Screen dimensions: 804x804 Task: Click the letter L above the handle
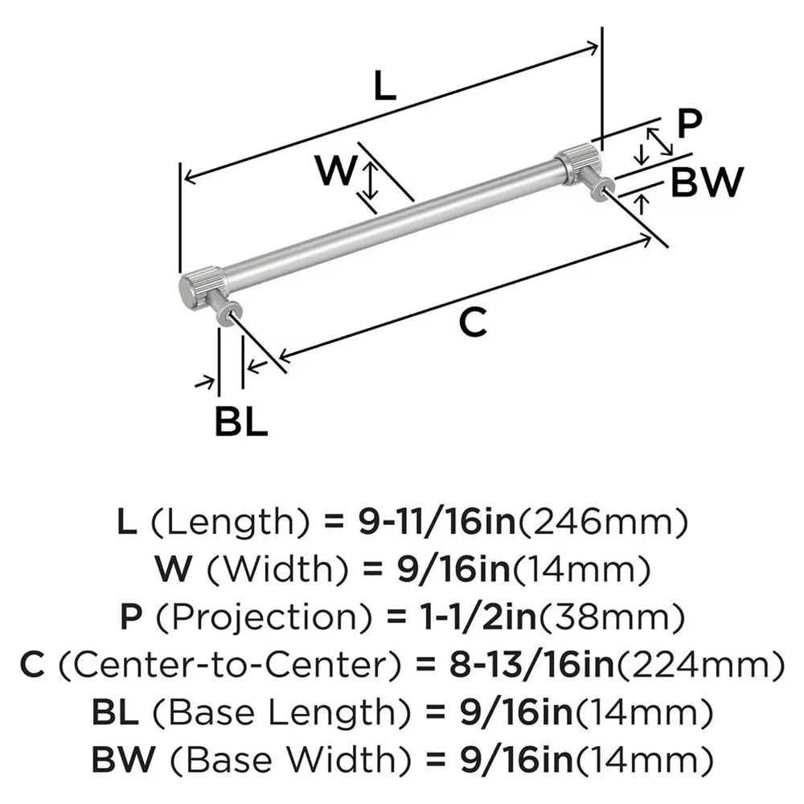[x=386, y=86]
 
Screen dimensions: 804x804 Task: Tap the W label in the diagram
[x=335, y=170]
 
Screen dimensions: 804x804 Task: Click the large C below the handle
[x=473, y=322]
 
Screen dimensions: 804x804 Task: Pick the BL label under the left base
[x=240, y=421]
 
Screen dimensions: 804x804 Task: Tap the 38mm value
[x=609, y=618]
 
